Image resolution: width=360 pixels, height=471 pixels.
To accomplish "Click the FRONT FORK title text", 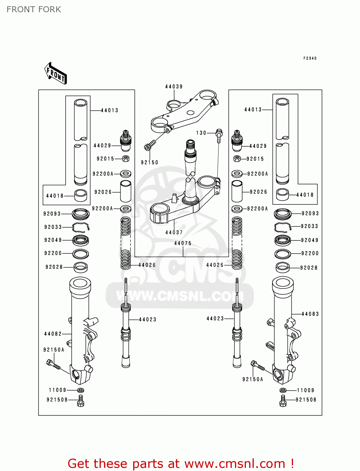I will click(x=34, y=9).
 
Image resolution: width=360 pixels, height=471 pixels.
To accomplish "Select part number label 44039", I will click(x=174, y=87).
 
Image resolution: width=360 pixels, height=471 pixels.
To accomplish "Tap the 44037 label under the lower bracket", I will click(x=174, y=232).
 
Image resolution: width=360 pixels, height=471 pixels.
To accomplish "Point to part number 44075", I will click(x=183, y=243).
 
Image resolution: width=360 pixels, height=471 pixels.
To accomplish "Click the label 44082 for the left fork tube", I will click(x=53, y=334).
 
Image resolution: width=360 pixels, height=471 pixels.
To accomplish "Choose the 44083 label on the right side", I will click(x=310, y=314).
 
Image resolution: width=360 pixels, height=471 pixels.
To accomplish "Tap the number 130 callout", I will click(x=201, y=133).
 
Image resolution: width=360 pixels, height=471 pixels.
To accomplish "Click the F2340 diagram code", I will click(x=310, y=58).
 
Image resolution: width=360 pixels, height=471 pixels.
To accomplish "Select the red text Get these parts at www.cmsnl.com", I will click(x=181, y=463).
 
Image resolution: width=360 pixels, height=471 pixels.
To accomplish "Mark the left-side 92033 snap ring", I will click(x=81, y=227).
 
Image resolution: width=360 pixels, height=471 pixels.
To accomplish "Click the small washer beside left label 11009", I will click(x=80, y=390).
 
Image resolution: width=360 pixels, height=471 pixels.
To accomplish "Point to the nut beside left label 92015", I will click(x=126, y=159).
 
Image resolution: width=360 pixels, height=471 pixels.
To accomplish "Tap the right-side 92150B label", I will click(x=306, y=400).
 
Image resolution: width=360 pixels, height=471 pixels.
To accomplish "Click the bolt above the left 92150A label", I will click(x=53, y=365).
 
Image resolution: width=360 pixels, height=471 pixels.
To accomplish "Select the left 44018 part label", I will click(x=55, y=196).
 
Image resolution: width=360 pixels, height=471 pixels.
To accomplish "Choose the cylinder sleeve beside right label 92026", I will click(x=237, y=191).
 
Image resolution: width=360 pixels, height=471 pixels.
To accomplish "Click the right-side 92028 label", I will click(x=308, y=268).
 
